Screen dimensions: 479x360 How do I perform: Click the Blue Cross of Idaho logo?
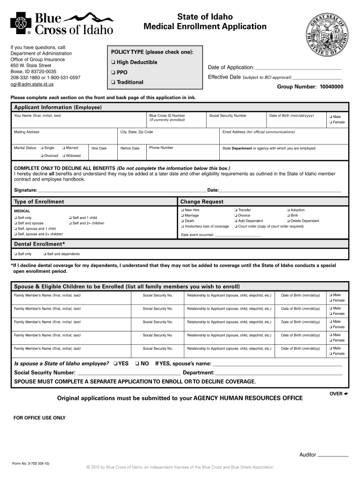pyautogui.click(x=62, y=23)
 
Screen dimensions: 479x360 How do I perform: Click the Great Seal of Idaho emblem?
pyautogui.click(x=327, y=35)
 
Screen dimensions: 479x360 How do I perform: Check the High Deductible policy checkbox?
pyautogui.click(x=113, y=63)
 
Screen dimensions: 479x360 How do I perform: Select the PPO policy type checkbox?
pyautogui.click(x=113, y=73)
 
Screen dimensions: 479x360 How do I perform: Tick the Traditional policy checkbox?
pyautogui.click(x=113, y=82)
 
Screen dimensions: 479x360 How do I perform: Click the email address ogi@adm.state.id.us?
pyautogui.click(x=32, y=84)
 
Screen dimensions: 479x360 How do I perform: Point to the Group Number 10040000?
pyautogui.click(x=310, y=87)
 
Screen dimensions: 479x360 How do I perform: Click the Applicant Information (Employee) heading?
pyautogui.click(x=58, y=108)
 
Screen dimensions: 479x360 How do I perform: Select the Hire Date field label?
pyautogui.click(x=99, y=148)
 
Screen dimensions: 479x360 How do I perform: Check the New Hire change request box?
pyautogui.click(x=182, y=210)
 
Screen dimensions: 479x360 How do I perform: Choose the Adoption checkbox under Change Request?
pyautogui.click(x=288, y=210)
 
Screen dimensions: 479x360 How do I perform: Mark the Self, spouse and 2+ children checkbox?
pyautogui.click(x=15, y=234)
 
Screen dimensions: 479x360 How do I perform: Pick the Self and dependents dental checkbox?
pyautogui.click(x=44, y=254)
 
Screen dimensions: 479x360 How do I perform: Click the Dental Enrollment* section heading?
pyautogui.click(x=39, y=244)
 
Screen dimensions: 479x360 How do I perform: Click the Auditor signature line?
pyautogui.click(x=333, y=455)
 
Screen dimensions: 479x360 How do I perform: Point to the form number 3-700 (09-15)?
pyautogui.click(x=31, y=463)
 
